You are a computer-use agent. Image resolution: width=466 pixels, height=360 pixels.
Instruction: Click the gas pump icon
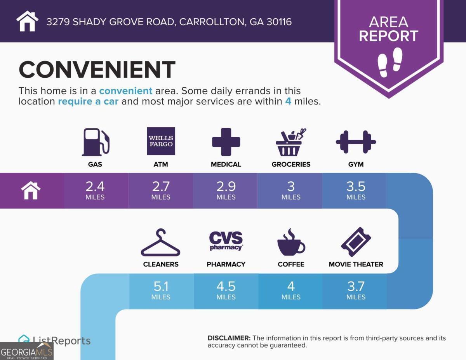[x=96, y=142]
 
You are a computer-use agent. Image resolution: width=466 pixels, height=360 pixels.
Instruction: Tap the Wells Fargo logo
[x=161, y=141]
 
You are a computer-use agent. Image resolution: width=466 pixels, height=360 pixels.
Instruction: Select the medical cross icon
[x=226, y=142]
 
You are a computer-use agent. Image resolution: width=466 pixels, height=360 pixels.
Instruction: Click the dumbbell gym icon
[x=356, y=142]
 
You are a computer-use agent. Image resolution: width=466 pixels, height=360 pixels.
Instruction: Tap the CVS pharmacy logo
[x=226, y=241]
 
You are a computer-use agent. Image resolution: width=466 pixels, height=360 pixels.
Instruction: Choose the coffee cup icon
[x=291, y=243]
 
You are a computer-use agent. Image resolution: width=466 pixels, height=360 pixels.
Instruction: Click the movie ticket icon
[x=356, y=242]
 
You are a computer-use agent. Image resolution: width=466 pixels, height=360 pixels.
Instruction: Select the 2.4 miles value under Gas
[x=95, y=190]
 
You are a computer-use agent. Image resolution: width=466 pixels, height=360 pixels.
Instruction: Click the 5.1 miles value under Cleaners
[x=161, y=290]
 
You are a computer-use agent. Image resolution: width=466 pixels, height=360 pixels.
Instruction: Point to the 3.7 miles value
[x=356, y=290]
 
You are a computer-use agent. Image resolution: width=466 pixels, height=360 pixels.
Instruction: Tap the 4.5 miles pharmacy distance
[x=226, y=290]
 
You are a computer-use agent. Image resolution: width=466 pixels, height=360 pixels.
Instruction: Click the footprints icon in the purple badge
[x=390, y=60]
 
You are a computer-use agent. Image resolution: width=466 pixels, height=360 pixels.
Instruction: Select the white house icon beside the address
[x=28, y=21]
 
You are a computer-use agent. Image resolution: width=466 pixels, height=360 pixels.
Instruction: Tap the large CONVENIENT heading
[x=97, y=70]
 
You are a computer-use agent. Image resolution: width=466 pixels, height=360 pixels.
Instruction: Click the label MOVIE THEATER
[x=356, y=264]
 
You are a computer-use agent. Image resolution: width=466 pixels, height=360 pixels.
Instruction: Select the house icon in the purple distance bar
[x=31, y=191]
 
